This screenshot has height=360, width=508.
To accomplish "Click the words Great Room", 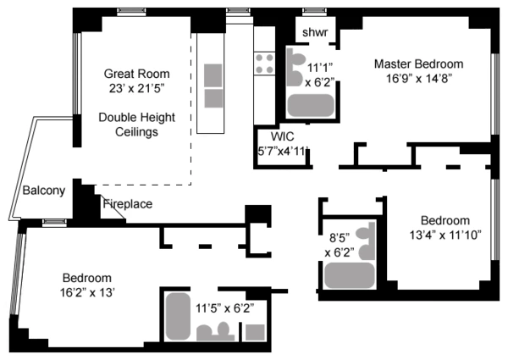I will [x=135, y=73].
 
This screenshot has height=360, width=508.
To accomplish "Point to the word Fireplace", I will [x=128, y=204].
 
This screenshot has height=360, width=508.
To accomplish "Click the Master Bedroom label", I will [x=418, y=64].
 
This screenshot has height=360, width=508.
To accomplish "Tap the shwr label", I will [x=315, y=33].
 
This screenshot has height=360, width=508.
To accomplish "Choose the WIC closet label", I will [x=282, y=136].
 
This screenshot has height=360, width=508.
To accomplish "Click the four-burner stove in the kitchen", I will [x=264, y=62].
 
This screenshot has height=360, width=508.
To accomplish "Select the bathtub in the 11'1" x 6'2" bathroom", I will [x=310, y=104].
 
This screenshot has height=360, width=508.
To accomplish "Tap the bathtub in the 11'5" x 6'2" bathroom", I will [x=177, y=315].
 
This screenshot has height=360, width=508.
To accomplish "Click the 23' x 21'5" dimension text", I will [x=135, y=87].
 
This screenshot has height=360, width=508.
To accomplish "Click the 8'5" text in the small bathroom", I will [x=338, y=238].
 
